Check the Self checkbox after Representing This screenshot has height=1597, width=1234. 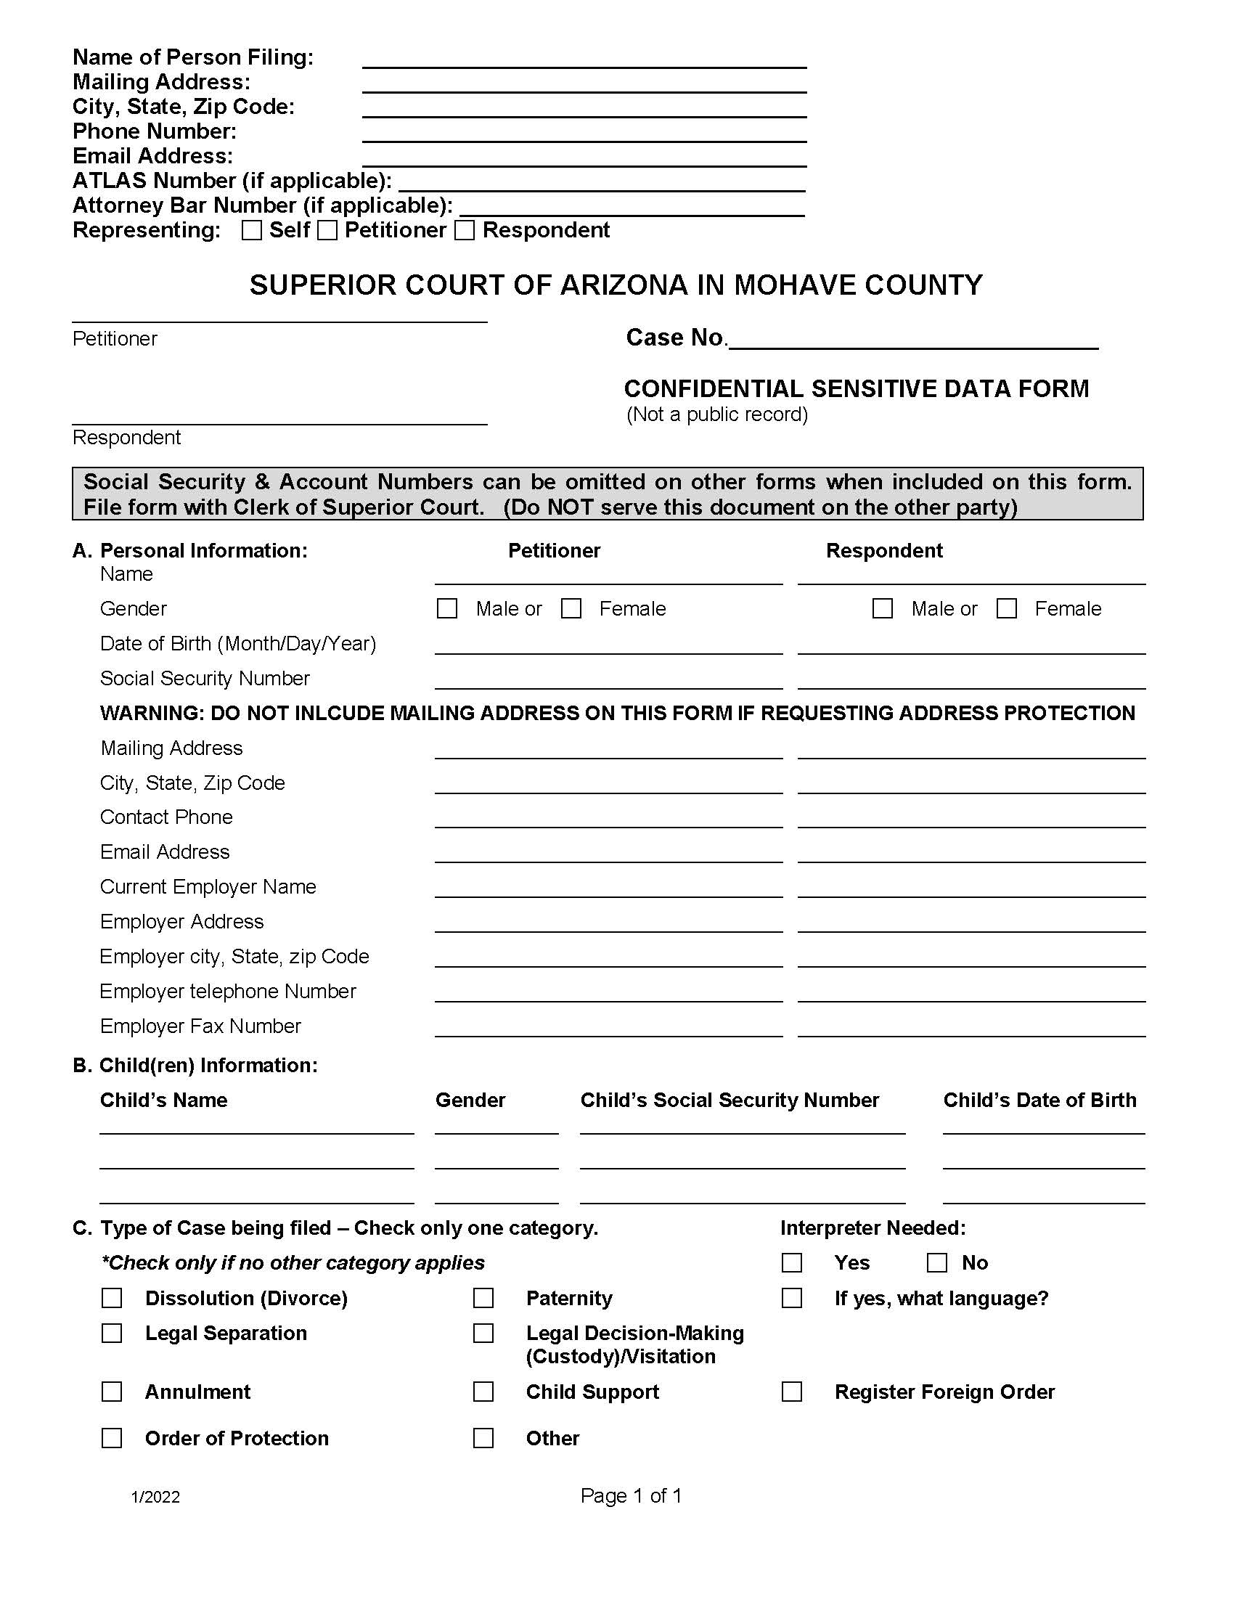tap(251, 230)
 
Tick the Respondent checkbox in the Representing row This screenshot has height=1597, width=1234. tap(465, 230)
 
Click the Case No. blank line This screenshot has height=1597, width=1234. tap(913, 340)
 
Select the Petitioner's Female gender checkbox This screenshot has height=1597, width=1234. tap(571, 608)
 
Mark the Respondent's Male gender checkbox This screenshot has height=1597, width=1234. tap(883, 608)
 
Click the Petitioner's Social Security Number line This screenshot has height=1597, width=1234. tap(608, 680)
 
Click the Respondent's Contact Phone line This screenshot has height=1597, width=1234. tap(971, 819)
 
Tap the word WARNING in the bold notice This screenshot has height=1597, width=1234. tap(150, 713)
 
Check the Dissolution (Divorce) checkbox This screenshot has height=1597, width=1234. tap(112, 1298)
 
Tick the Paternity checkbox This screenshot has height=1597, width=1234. tap(483, 1298)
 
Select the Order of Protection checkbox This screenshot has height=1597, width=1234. tap(112, 1438)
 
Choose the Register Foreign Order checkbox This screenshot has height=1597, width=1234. tap(792, 1392)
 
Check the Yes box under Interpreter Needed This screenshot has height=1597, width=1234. tap(792, 1263)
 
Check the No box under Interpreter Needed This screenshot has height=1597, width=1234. tap(936, 1263)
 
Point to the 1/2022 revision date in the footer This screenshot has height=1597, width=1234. tap(156, 1497)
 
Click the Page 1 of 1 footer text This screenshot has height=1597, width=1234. tap(631, 1495)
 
